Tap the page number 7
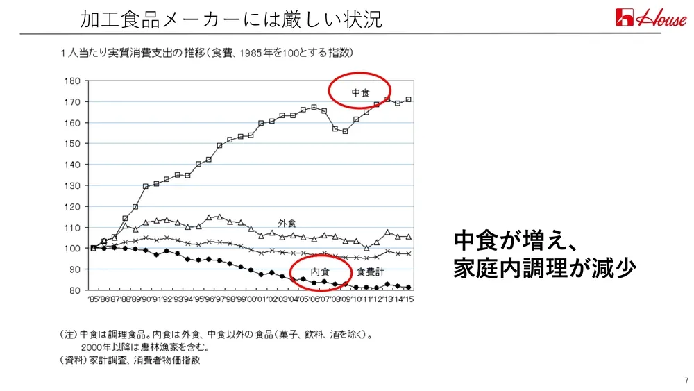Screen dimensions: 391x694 pyautogui.click(x=686, y=380)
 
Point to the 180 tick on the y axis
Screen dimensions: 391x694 pyautogui.click(x=72, y=81)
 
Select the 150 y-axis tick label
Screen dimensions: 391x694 pyautogui.click(x=72, y=144)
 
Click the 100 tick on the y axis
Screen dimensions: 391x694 pyautogui.click(x=72, y=248)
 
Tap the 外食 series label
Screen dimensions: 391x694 pyautogui.click(x=287, y=223)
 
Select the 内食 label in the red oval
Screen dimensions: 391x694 pyautogui.click(x=319, y=272)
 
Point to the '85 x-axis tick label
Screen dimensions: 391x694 pyautogui.click(x=94, y=299)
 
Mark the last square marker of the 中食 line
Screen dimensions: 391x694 pyautogui.click(x=408, y=99)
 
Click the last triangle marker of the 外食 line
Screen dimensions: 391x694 pyautogui.click(x=408, y=236)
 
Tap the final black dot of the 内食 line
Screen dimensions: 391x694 pyautogui.click(x=408, y=287)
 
